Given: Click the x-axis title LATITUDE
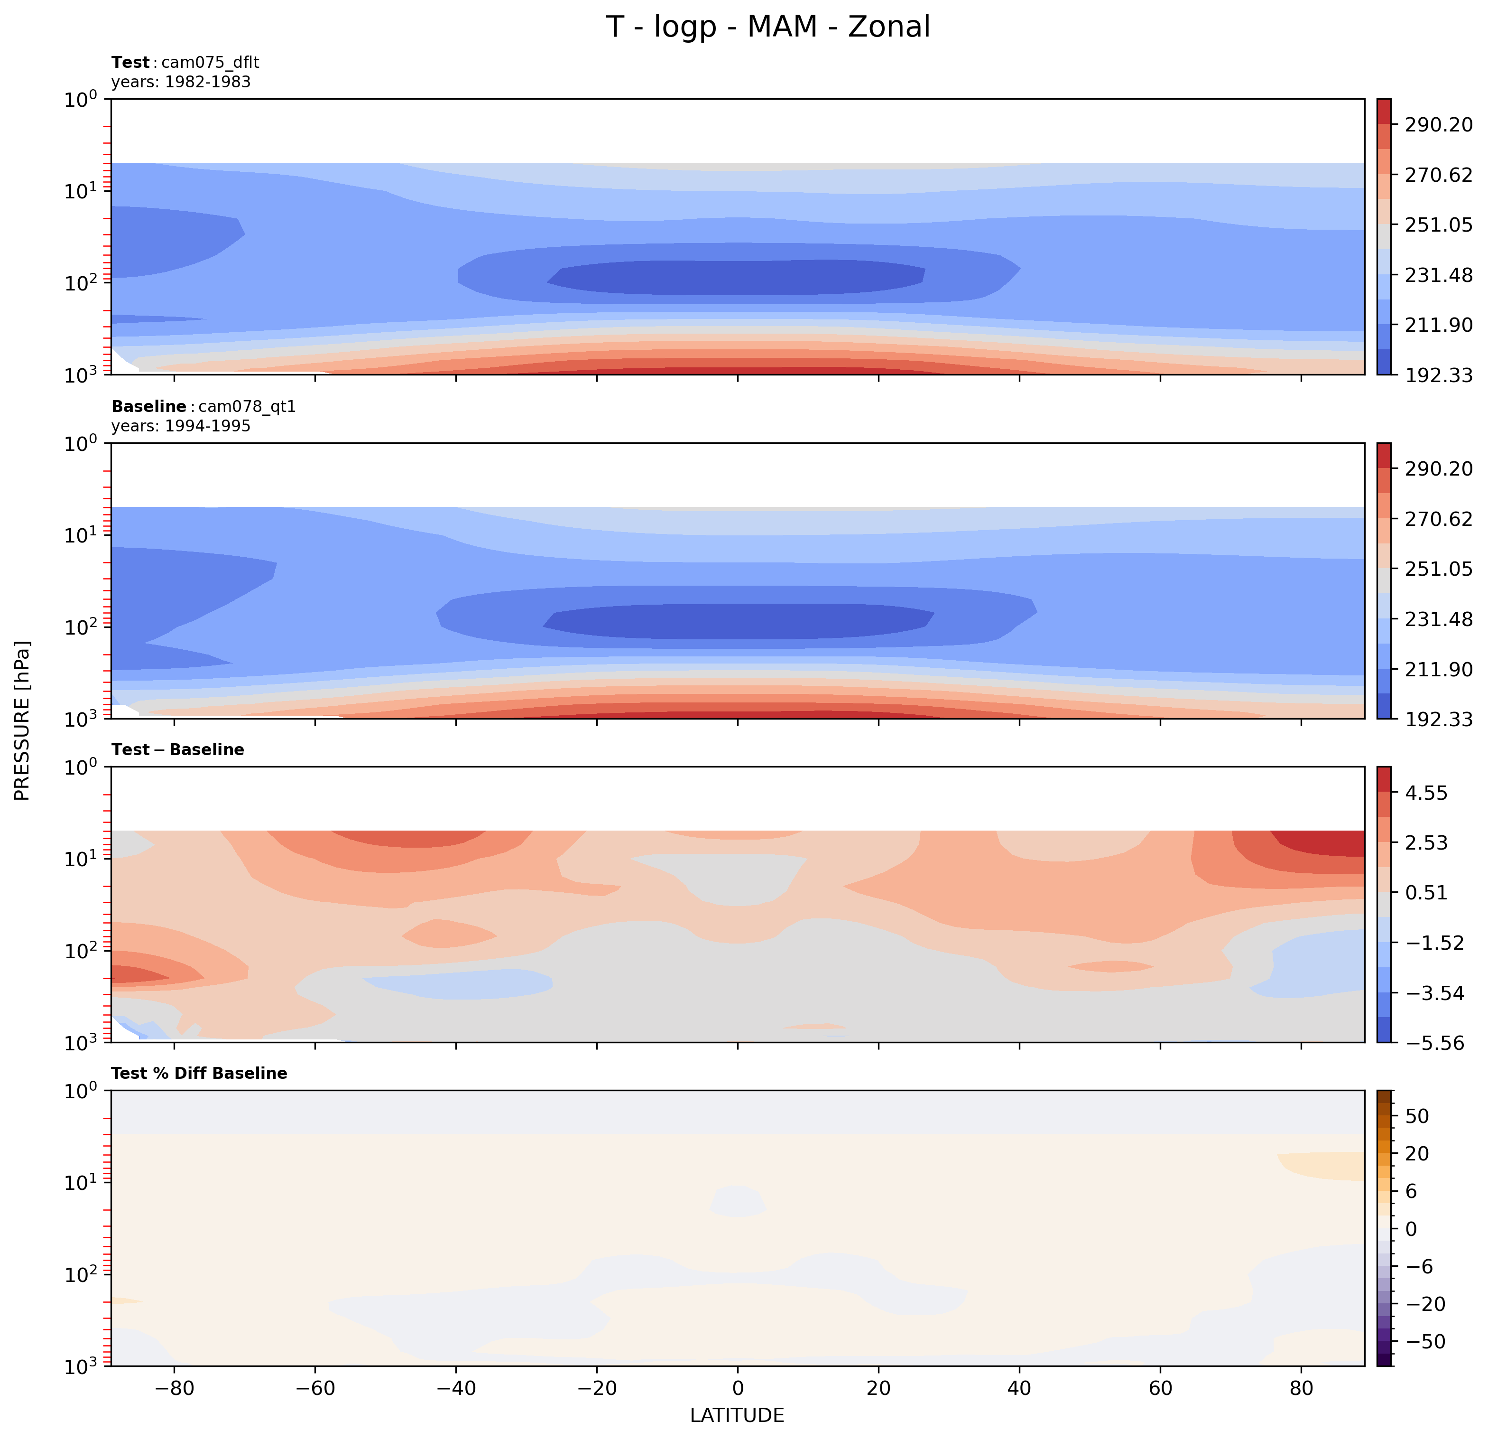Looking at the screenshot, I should point(736,1415).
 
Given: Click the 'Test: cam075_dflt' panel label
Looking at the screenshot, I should point(185,62).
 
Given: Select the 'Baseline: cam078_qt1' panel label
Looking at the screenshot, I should point(203,406).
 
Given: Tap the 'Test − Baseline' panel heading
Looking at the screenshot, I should point(178,749).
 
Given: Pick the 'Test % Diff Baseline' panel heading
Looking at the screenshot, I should point(199,1073).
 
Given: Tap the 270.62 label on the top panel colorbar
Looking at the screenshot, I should point(1438,175).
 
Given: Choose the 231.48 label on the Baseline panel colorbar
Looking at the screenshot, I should point(1438,619).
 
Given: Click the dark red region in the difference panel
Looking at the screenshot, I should point(1329,843).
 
